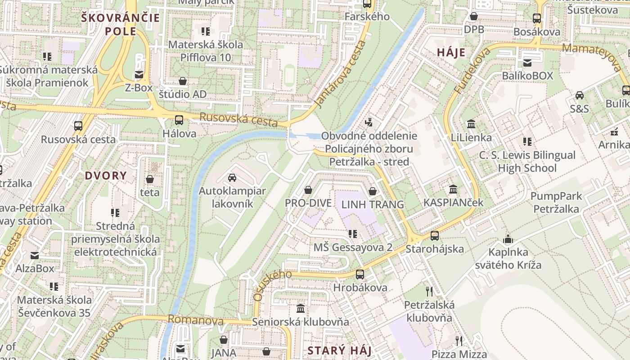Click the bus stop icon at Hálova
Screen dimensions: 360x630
tap(179, 120)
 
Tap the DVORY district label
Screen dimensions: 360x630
tap(106, 175)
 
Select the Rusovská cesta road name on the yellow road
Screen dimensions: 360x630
tap(238, 120)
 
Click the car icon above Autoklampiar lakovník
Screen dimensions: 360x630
tap(232, 178)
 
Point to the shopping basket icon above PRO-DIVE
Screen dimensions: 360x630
tap(308, 190)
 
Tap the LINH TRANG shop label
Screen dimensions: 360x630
tap(373, 204)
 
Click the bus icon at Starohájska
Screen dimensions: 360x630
tap(435, 235)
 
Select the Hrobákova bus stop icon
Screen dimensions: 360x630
tap(360, 274)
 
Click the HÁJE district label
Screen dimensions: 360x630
tap(451, 53)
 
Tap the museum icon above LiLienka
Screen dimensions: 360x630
tap(472, 124)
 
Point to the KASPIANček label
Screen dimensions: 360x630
tap(453, 202)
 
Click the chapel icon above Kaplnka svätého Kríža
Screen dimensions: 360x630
tap(508, 239)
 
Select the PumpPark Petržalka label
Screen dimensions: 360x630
tap(556, 202)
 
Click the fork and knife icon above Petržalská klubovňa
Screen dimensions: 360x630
tap(429, 292)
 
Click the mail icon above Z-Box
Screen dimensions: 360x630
tap(139, 75)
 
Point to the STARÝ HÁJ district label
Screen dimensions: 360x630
tap(339, 351)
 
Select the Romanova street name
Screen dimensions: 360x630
tap(195, 320)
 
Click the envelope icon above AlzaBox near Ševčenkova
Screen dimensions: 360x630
tap(35, 256)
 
